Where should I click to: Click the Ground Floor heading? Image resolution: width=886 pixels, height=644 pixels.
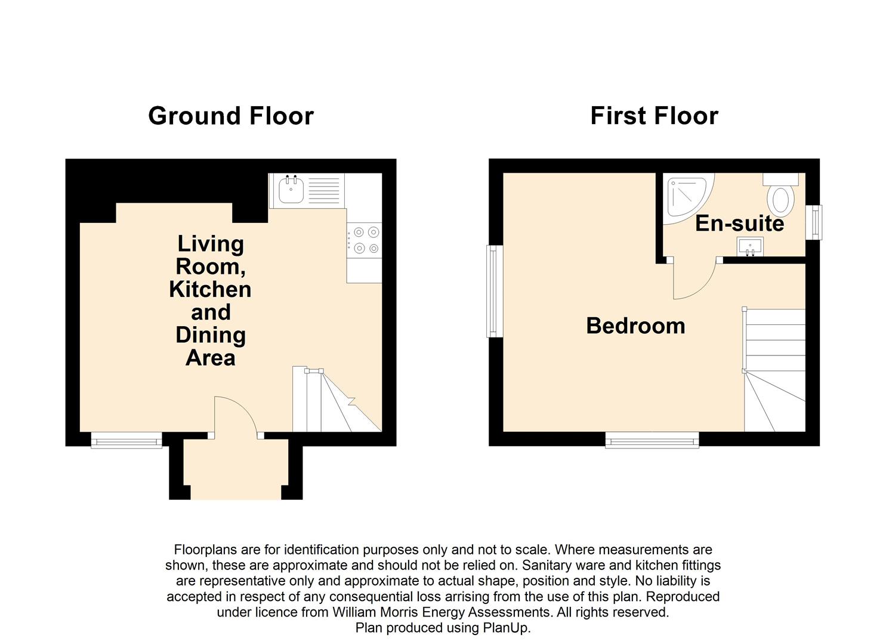pyautogui.click(x=230, y=117)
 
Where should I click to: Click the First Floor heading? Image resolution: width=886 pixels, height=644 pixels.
pyautogui.click(x=655, y=116)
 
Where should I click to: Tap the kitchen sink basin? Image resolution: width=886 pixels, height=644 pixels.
pyautogui.click(x=291, y=190)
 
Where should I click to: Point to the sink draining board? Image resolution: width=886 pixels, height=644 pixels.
pyautogui.click(x=323, y=191)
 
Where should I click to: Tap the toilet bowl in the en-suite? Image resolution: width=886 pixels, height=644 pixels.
pyautogui.click(x=780, y=200)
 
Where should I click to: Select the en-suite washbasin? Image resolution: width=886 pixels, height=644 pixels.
pyautogui.click(x=750, y=246)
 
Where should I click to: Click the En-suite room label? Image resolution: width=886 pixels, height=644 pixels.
pyautogui.click(x=740, y=224)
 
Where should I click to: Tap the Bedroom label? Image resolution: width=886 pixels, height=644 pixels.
pyautogui.click(x=635, y=326)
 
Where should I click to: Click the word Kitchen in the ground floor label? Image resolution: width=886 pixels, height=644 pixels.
pyautogui.click(x=210, y=289)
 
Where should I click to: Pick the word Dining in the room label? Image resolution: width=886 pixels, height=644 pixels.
pyautogui.click(x=211, y=336)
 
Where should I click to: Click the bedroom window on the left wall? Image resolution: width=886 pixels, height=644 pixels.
pyautogui.click(x=495, y=292)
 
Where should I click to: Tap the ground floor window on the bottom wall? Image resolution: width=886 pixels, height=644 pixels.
pyautogui.click(x=126, y=441)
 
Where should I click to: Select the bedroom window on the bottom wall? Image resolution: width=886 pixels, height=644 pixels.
pyautogui.click(x=652, y=440)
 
